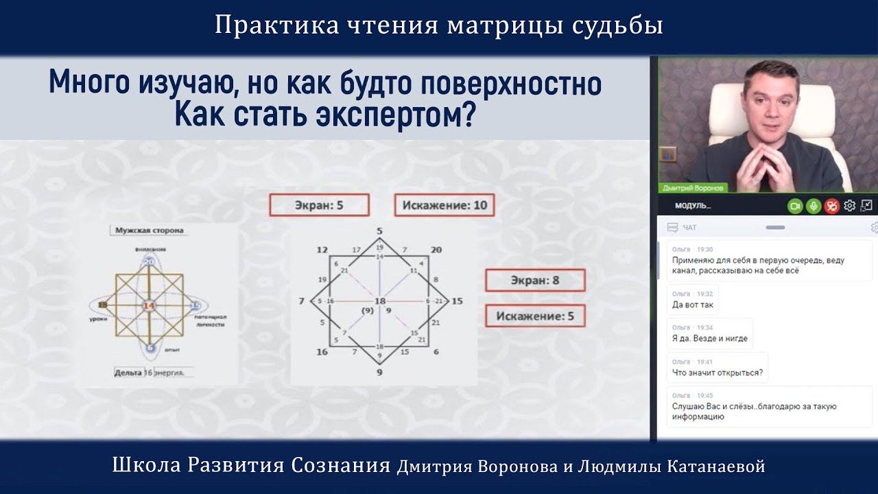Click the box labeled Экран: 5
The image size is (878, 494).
pos(319,205)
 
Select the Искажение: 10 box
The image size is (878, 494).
pos(444,205)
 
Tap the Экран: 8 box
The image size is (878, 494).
pos(535,280)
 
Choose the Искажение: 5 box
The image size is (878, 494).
pos(535,316)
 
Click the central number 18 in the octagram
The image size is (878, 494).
pos(380,302)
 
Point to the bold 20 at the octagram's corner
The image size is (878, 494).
pos(436,250)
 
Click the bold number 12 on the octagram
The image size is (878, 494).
pos(322,250)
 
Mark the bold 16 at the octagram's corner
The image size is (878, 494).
pos(322,352)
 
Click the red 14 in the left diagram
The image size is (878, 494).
pos(149,305)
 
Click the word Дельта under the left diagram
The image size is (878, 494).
pos(128,373)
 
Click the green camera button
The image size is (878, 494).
pos(795,206)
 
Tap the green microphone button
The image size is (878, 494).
pos(814,206)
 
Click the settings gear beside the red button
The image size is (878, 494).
pos(849,206)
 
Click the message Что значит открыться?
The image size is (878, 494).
pos(717,373)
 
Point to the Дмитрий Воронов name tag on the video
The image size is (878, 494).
pos(693,187)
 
